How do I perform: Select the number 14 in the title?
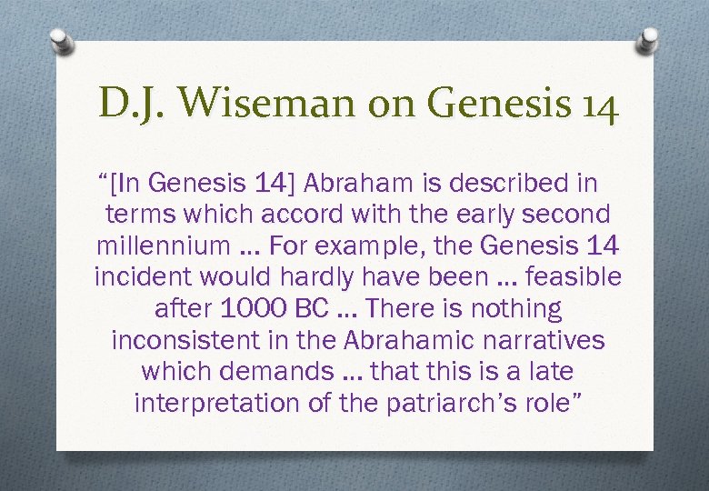pyautogui.click(x=598, y=105)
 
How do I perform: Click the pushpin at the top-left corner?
pyautogui.click(x=60, y=41)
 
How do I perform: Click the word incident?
pyautogui.click(x=136, y=277)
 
